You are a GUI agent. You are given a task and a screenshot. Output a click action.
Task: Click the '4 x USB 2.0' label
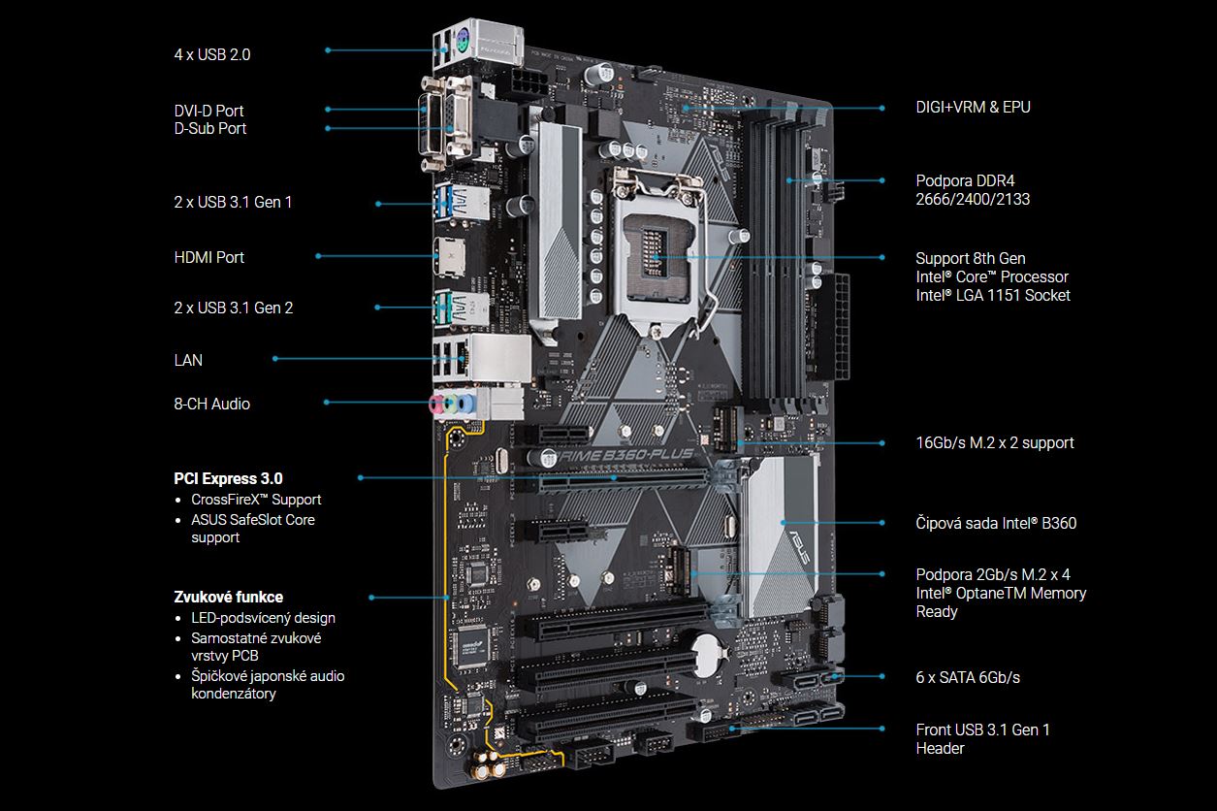[212, 55]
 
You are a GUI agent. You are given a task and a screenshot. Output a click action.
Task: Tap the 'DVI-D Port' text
[208, 111]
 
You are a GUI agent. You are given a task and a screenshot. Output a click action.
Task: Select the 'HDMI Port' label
[208, 257]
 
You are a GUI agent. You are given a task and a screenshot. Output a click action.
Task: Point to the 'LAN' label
[188, 360]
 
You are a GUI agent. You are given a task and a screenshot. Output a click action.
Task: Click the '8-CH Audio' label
[212, 404]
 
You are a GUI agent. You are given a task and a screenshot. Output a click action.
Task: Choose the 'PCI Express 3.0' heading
[228, 478]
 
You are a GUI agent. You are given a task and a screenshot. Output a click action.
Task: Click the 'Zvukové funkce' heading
[228, 597]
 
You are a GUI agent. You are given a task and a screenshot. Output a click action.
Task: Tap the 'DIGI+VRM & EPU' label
[973, 107]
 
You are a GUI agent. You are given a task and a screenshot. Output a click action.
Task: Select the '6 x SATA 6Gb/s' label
[968, 677]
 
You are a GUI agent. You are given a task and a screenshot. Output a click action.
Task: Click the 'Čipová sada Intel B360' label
[996, 523]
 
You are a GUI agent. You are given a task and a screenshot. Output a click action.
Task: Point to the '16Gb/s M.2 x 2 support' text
[995, 443]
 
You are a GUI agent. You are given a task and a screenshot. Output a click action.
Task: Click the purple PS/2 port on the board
[463, 39]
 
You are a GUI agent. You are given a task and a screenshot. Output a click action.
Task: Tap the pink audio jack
[435, 404]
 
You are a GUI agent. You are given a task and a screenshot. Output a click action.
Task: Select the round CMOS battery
[706, 656]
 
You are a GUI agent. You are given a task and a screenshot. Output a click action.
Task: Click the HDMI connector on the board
[450, 258]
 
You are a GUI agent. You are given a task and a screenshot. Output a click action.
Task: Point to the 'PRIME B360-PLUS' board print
[625, 454]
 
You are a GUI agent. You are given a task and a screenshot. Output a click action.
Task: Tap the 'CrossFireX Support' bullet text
[256, 500]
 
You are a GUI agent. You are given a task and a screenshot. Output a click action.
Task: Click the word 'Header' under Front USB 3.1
[940, 749]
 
